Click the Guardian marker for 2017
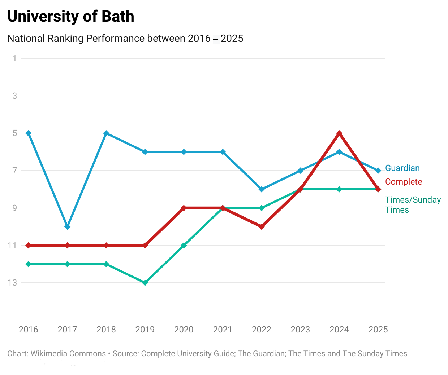tap(67, 226)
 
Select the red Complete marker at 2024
tap(339, 133)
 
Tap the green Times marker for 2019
tap(145, 283)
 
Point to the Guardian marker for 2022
tap(262, 189)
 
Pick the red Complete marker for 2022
tap(262, 226)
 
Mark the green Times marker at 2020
tap(184, 245)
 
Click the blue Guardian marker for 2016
tap(29, 133)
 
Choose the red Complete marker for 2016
tap(29, 245)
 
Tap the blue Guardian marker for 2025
tap(378, 171)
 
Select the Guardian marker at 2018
tap(106, 133)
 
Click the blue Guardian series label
tap(402, 168)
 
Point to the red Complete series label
tap(404, 182)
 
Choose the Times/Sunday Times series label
tap(413, 204)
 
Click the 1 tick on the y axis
tap(14, 58)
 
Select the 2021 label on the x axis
tap(223, 329)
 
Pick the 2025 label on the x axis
tap(378, 329)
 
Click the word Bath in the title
tap(118, 17)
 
